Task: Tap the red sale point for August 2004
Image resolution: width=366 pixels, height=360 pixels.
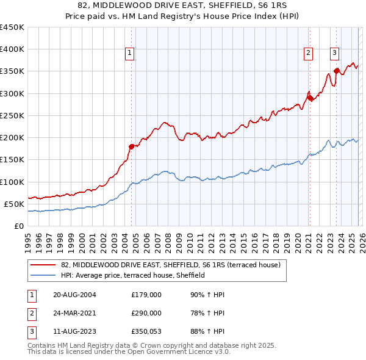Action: [x=131, y=146]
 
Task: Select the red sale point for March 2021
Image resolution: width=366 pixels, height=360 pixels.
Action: [x=309, y=98]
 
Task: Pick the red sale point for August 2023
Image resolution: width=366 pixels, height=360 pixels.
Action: [x=336, y=71]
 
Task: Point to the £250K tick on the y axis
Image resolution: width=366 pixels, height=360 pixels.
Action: [x=12, y=115]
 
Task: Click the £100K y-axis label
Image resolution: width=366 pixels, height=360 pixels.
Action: [x=12, y=182]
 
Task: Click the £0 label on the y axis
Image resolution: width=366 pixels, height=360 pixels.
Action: [x=18, y=226]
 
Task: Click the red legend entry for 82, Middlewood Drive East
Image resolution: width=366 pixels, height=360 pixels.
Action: [x=170, y=265]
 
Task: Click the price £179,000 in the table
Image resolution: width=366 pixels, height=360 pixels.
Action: [x=146, y=295]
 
